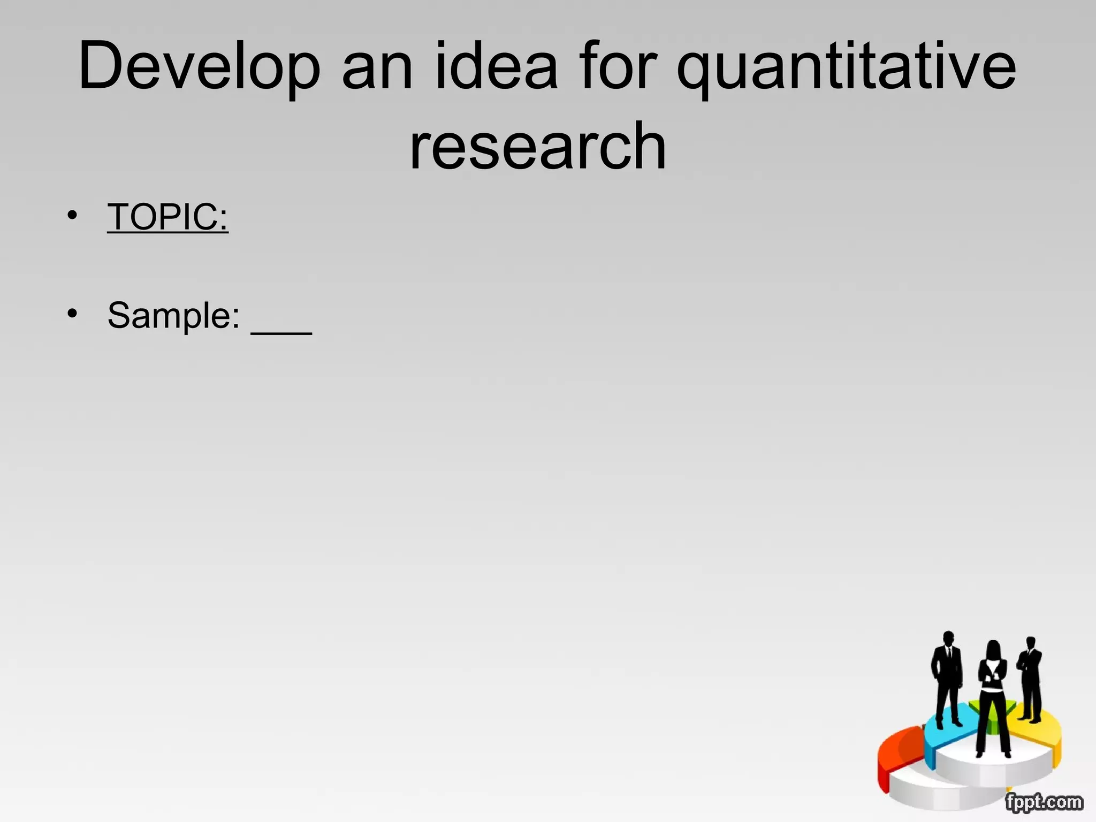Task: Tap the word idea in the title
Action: coord(497,67)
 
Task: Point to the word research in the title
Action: coord(538,146)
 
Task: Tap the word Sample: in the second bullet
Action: coord(173,315)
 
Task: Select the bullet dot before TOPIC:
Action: coord(72,215)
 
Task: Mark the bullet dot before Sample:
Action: coord(72,313)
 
